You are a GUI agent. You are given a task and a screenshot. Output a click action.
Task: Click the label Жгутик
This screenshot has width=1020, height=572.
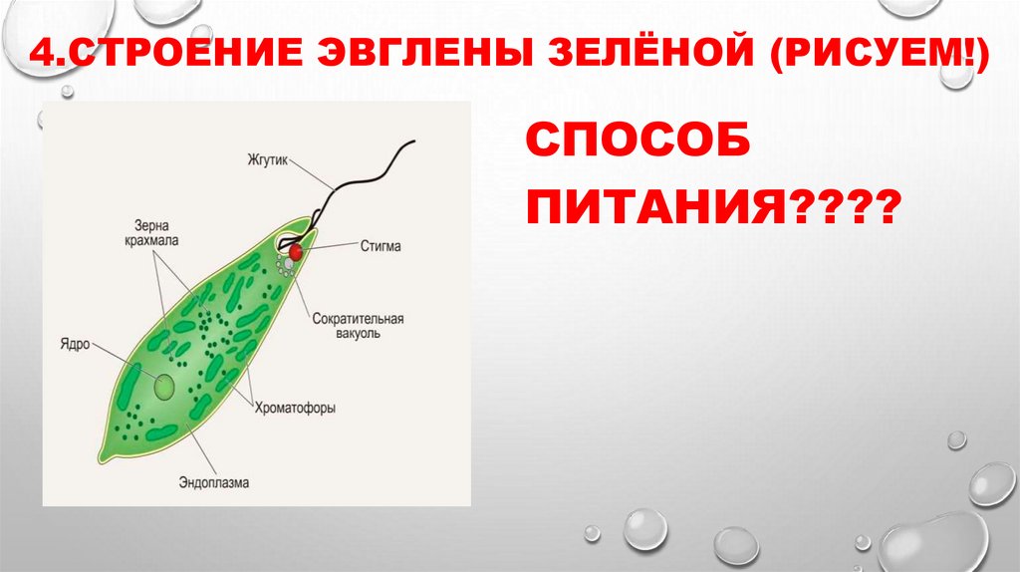coord(268,159)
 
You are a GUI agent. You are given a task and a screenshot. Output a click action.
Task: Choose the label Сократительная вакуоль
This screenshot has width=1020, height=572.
coord(357,327)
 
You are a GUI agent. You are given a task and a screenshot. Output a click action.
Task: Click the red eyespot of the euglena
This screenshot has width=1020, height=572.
coord(296,252)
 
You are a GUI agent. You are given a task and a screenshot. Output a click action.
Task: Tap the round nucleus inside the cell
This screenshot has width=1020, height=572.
coord(161,385)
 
